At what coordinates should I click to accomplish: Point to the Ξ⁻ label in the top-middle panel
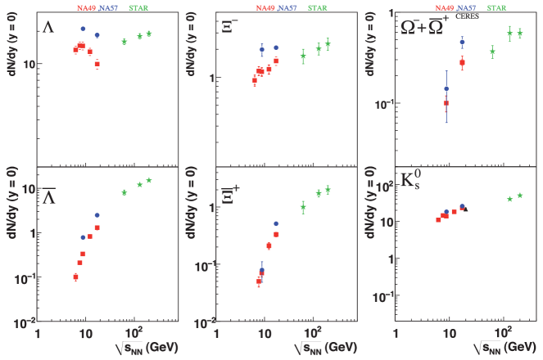click(231, 25)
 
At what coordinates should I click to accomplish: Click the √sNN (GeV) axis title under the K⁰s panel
click(496, 348)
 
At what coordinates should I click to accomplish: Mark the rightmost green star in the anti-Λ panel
click(149, 180)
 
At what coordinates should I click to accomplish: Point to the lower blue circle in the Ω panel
click(446, 88)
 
